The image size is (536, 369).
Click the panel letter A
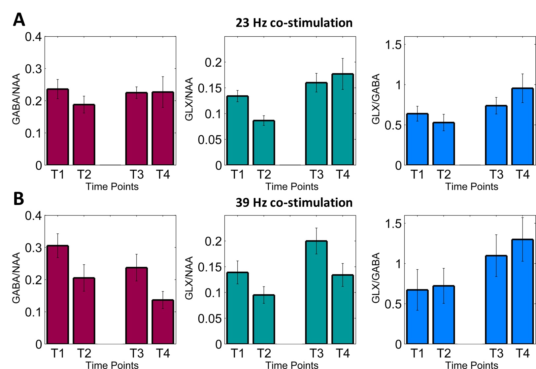(19, 20)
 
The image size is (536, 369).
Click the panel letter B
(18, 199)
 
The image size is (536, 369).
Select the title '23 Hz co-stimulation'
(294, 23)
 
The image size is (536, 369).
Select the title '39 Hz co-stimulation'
(294, 202)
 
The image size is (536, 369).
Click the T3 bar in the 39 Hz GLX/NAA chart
(316, 292)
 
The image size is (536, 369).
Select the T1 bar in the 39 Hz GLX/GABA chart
(417, 317)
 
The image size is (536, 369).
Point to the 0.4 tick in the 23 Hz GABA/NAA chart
(33, 37)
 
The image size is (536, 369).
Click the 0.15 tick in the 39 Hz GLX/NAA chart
(210, 267)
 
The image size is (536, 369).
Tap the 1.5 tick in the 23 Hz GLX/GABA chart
(393, 45)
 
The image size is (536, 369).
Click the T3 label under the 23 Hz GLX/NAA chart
(316, 174)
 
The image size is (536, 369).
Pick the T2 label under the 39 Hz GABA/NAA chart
(84, 353)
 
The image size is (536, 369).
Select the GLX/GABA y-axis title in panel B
(376, 278)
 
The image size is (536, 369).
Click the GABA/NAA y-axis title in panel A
(16, 99)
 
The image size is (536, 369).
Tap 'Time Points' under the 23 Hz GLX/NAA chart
(292, 186)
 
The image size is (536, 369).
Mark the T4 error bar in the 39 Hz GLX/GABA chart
(522, 239)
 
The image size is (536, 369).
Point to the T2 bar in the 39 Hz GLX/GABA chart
(444, 315)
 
